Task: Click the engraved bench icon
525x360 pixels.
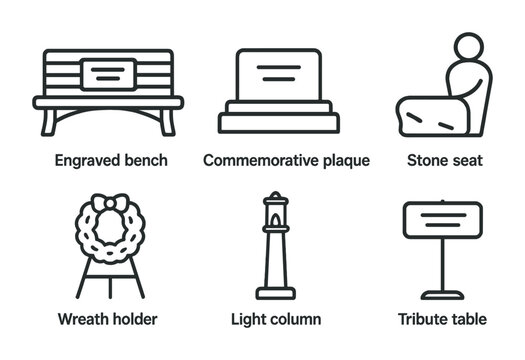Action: pos(110,91)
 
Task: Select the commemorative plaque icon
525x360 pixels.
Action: pos(279,90)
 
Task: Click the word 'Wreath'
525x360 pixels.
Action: pos(81,320)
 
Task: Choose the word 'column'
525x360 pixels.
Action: pos(296,320)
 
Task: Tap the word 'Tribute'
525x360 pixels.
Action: pos(422,320)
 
